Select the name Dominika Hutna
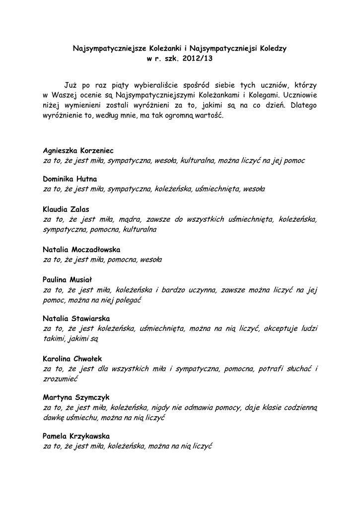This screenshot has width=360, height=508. pyautogui.click(x=70, y=179)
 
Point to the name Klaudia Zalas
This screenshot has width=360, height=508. pyautogui.click(x=66, y=209)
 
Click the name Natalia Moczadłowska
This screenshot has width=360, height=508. pyautogui.click(x=81, y=249)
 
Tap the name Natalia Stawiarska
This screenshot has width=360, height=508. pyautogui.click(x=76, y=318)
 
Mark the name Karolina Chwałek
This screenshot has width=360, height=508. pyautogui.click(x=72, y=358)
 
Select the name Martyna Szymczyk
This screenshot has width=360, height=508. pyautogui.click(x=76, y=397)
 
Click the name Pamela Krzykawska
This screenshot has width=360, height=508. pyautogui.click(x=76, y=436)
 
